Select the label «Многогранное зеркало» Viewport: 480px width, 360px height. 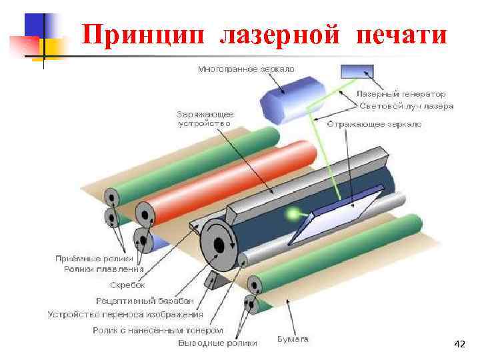click(x=247, y=69)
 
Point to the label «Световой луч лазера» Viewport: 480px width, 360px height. click(x=406, y=106)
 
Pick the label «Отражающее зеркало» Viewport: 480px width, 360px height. click(x=373, y=123)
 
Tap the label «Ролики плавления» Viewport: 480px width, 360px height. click(x=104, y=269)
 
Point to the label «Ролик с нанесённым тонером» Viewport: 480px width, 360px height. click(x=157, y=330)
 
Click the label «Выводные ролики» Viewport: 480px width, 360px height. click(x=217, y=344)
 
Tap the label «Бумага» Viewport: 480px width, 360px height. click(x=293, y=340)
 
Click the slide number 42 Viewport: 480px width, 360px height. click(x=459, y=344)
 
